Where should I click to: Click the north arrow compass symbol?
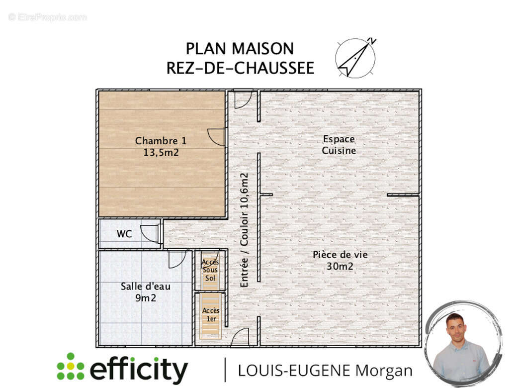(x=355, y=58)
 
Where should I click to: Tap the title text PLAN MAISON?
(x=240, y=49)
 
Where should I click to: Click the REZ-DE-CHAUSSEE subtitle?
(x=240, y=68)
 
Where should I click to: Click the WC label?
(x=124, y=234)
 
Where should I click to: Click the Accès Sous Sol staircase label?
(x=210, y=270)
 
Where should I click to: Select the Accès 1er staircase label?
(x=211, y=314)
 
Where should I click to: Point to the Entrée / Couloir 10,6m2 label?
(x=244, y=230)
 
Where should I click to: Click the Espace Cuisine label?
(x=339, y=144)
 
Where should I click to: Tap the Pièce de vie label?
(x=340, y=254)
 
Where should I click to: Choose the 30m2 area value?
(x=340, y=267)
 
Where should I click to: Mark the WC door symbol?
(x=150, y=233)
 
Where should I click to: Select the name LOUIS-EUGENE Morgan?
(x=325, y=371)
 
